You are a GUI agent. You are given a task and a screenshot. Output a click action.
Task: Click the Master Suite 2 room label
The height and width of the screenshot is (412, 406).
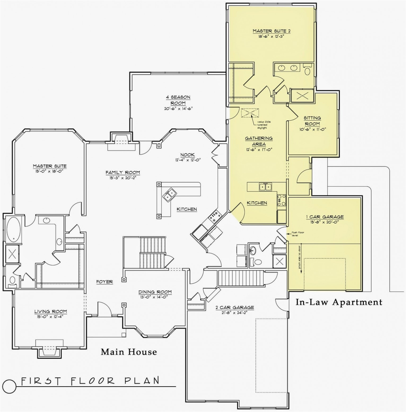click(271, 31)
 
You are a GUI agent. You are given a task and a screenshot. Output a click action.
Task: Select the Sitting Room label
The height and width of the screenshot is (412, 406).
click(312, 121)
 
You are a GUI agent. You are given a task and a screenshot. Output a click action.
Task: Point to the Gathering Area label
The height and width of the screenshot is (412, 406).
click(259, 141)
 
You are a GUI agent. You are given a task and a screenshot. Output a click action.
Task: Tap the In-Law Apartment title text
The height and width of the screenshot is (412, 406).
click(339, 302)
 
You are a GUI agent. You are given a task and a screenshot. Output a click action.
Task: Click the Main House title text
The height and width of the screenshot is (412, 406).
click(129, 352)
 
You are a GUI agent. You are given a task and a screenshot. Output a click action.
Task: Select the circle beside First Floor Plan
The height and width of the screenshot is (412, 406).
click(10, 385)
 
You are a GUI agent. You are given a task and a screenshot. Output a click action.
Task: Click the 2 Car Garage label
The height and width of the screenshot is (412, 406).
click(234, 307)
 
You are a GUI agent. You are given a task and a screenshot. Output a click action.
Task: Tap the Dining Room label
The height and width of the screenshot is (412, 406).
click(155, 292)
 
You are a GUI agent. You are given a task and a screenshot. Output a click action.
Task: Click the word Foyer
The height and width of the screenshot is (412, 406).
click(104, 282)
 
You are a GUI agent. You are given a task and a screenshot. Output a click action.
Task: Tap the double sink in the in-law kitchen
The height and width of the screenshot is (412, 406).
click(265, 187)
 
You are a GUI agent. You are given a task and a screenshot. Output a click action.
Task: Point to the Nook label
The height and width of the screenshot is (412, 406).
click(187, 155)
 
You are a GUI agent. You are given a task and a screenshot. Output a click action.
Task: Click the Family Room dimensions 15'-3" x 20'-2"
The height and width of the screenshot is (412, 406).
click(123, 178)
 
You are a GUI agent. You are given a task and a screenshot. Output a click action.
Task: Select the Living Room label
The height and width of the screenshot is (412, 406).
click(50, 311)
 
